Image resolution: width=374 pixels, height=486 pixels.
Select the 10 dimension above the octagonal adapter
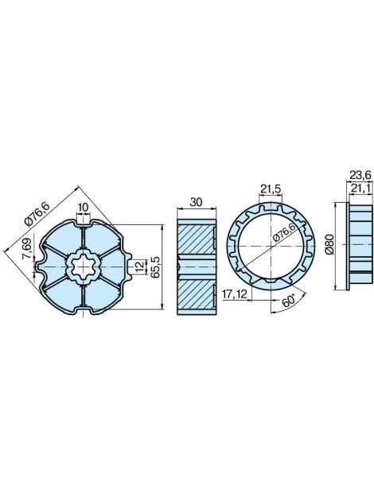click(83, 208)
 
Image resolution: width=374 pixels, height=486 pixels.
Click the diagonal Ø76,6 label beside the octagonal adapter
click(37, 213)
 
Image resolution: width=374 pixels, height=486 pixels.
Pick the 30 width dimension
click(195, 202)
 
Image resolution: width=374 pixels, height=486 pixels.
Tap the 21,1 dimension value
click(361, 187)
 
